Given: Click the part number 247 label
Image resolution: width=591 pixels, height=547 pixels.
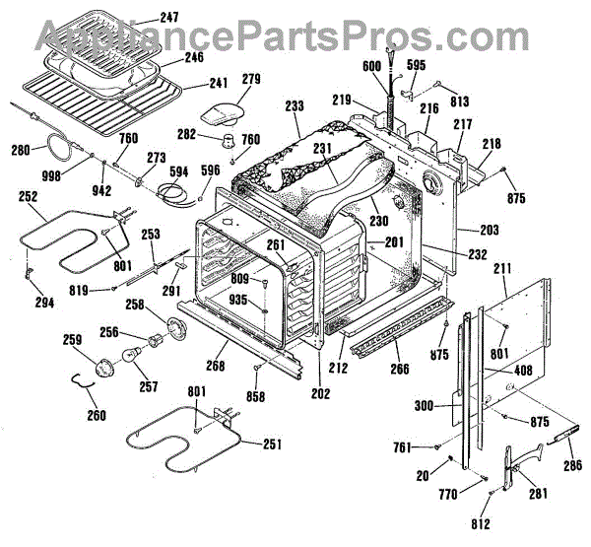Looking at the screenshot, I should pos(171,18).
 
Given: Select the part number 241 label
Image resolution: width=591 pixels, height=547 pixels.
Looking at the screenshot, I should pos(219,83).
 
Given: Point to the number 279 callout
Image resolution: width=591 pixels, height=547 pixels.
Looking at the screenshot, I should pos(250,79).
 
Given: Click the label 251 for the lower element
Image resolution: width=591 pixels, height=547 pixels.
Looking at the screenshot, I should pos(273,443).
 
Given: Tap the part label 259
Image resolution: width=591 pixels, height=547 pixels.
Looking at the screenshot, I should pos(72,341).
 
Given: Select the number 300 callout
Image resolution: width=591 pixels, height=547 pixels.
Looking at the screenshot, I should pos(423,405).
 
